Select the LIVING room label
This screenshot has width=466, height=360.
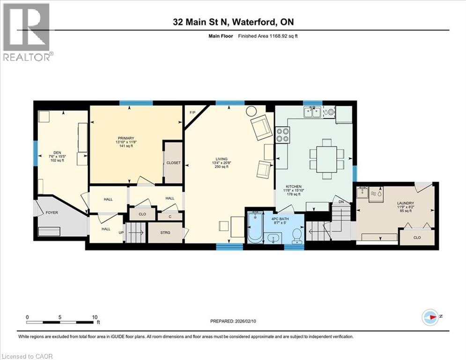coord(222,158)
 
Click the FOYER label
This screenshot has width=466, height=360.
coord(52,212)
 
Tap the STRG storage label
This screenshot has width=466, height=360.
coord(165,232)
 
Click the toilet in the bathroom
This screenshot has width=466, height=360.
coord(296,234)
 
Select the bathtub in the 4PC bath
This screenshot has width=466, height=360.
coord(256,228)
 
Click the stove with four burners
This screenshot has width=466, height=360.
coord(282,135)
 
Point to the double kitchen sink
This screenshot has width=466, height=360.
coord(312,112)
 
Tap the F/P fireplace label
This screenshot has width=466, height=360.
coord(192,113)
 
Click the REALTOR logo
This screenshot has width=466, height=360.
coord(27,33)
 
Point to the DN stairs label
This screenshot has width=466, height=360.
coord(341,202)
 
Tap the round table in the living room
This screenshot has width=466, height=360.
coord(251,111)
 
